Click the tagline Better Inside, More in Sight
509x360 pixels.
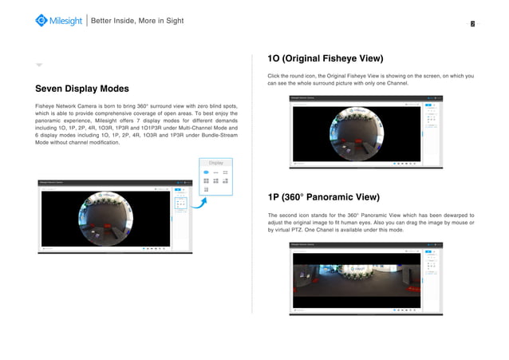click(x=137, y=20)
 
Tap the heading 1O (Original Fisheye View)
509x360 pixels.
click(x=326, y=59)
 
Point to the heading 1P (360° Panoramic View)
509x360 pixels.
click(x=323, y=197)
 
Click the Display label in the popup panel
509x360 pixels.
click(x=215, y=163)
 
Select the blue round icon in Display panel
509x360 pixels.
click(x=206, y=172)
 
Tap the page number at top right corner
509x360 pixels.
click(x=473, y=24)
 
